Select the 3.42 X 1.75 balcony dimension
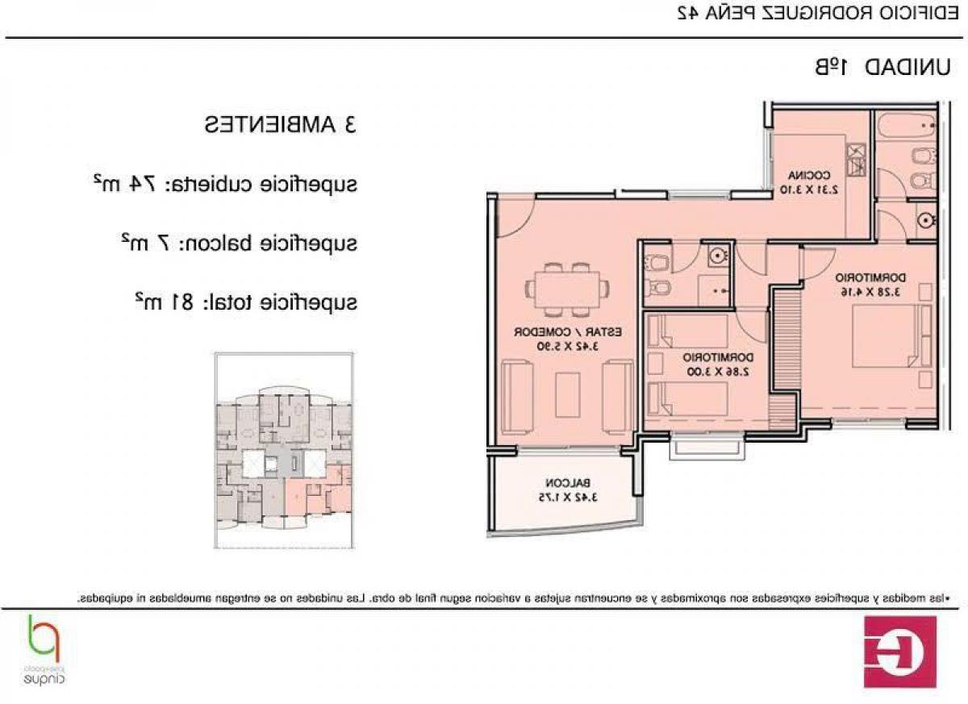[x=569, y=498]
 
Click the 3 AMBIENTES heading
[x=280, y=126]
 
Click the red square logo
[x=899, y=652]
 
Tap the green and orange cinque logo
[x=45, y=649]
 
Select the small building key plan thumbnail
[x=284, y=452]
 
